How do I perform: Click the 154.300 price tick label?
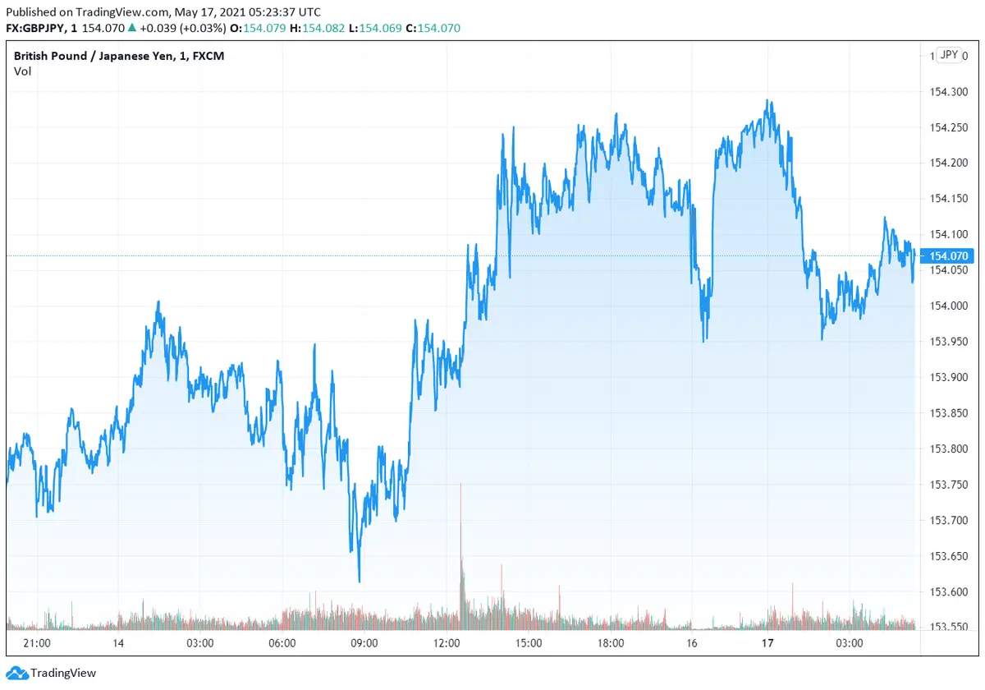pos(947,92)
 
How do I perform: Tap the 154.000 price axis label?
pos(947,306)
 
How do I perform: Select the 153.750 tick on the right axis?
pos(947,485)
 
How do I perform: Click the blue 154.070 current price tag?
pos(949,256)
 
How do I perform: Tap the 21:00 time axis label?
pos(37,643)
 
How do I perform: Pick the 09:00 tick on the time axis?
pos(364,643)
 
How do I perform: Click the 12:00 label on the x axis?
pos(447,643)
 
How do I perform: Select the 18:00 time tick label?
pos(611,643)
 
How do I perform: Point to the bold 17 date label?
pos(767,643)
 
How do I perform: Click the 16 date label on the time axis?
pos(692,643)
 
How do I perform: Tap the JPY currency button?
pos(949,55)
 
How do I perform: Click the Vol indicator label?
pos(22,71)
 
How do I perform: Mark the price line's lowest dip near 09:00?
pos(360,580)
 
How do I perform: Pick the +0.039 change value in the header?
pos(157,28)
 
